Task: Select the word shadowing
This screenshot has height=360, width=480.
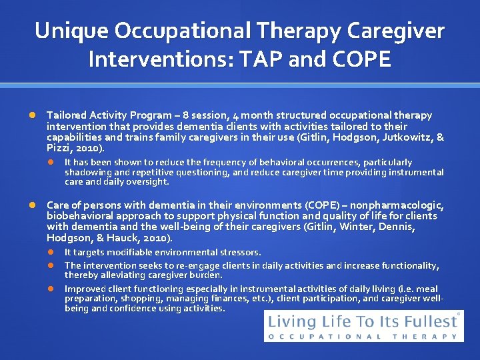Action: pyautogui.click(x=87, y=172)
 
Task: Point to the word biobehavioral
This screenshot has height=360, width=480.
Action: pyautogui.click(x=77, y=216)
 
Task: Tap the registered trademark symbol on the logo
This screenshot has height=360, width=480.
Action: pyautogui.click(x=459, y=313)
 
